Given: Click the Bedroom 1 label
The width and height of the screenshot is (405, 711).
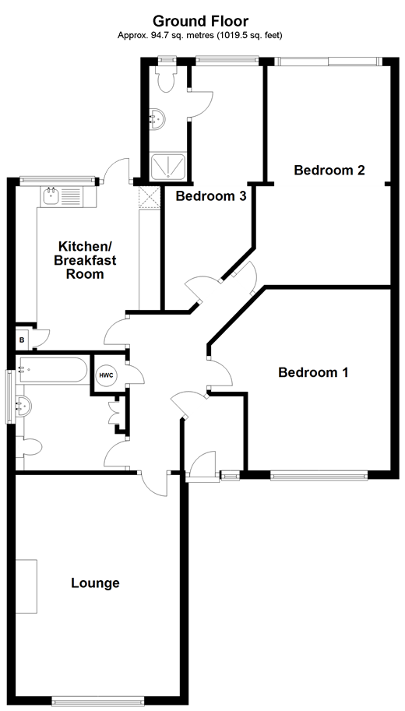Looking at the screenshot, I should pos(313,372).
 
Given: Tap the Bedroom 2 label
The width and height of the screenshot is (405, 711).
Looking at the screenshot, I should pos(329,171).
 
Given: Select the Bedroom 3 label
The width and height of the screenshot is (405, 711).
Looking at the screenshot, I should pos(211,196).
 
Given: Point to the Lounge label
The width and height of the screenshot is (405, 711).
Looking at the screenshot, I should pos(95,583).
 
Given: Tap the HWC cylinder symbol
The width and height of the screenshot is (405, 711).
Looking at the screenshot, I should pos(106,375).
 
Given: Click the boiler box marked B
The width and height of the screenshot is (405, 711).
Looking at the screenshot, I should pos(23,340).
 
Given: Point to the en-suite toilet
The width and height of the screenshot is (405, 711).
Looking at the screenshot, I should pos(165,78).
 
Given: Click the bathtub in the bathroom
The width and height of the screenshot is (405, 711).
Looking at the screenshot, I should pos(52,370).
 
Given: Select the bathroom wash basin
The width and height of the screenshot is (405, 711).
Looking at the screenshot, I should pos(23,405).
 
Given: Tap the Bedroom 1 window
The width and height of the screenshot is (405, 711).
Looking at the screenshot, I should pos(319,474).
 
